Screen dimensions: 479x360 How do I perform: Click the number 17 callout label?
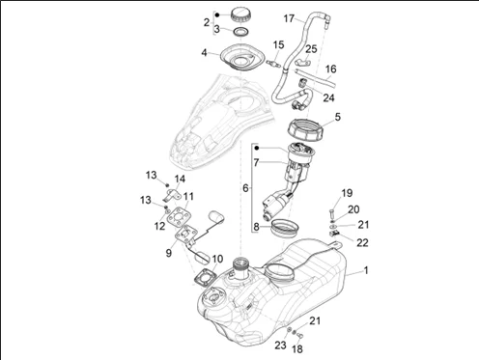289,18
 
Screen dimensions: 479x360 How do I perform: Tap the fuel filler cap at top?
241,15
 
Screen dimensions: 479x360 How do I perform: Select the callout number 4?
204,52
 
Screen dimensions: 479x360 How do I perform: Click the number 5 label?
337,117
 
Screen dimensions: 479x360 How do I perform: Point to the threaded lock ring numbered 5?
305,130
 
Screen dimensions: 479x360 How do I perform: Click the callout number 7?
256,163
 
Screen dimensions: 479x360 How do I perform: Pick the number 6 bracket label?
245,188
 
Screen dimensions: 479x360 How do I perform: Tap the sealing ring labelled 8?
285,228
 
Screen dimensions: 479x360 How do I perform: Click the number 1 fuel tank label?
366,270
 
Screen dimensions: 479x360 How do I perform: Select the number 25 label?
311,49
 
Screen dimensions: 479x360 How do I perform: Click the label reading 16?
330,69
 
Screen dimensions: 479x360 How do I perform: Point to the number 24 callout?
328,97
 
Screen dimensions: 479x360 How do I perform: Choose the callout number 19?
347,193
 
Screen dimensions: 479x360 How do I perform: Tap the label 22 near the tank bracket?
362,242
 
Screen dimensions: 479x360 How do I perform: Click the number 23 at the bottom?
280,345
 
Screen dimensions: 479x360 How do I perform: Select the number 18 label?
297,348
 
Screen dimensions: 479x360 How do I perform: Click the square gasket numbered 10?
204,277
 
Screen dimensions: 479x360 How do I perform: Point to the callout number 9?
169,253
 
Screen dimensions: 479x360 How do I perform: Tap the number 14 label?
180,179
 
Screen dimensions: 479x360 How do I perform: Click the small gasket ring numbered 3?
241,32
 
